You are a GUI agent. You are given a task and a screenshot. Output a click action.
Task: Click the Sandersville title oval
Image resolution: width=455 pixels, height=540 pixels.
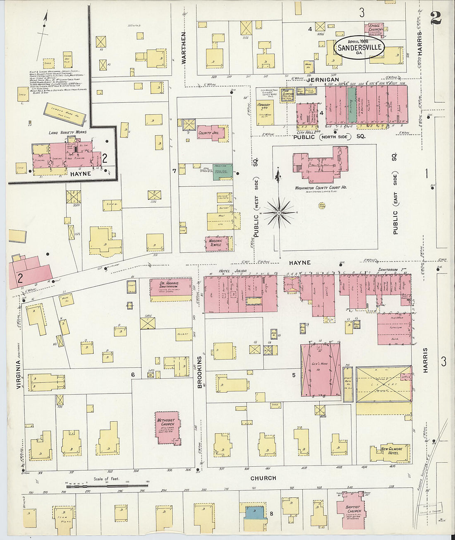[x=359, y=47]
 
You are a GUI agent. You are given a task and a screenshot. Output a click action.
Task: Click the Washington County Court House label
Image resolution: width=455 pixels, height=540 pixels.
[x=321, y=188]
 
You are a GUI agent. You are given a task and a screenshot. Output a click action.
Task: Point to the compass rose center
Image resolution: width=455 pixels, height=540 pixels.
[x=279, y=213]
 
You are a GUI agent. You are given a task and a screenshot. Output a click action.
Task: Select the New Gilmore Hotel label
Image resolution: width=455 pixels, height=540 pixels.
[x=389, y=451]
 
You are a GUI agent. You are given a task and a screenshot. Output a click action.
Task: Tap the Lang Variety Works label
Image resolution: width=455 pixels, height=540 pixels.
[x=67, y=132]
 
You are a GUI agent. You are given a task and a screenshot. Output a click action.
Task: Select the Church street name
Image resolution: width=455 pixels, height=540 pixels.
[x=263, y=478]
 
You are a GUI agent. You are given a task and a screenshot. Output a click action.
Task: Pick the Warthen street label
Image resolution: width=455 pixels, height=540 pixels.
[x=184, y=48]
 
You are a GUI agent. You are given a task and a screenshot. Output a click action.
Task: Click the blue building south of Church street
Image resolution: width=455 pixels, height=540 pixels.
[x=253, y=512]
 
